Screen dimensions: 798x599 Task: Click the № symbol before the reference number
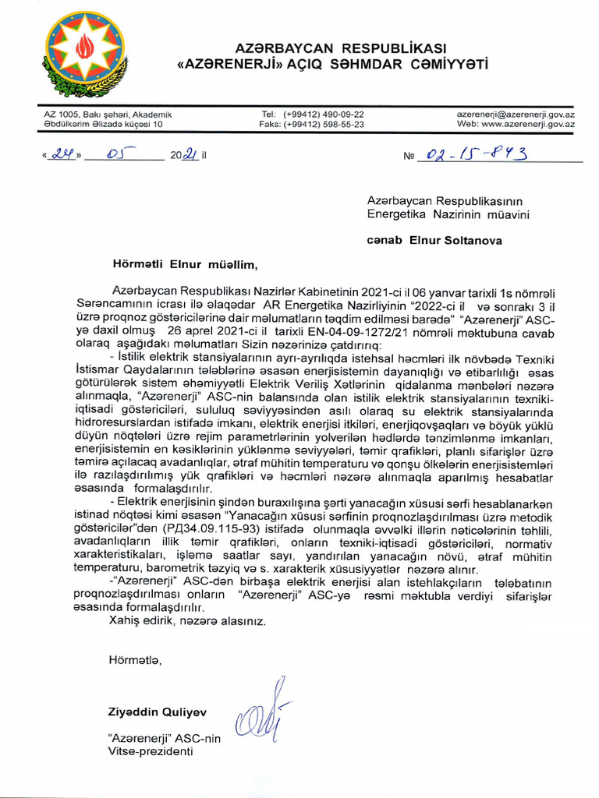[409, 156]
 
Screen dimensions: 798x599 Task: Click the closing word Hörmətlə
[135, 660]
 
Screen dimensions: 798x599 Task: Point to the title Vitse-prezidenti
[150, 751]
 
